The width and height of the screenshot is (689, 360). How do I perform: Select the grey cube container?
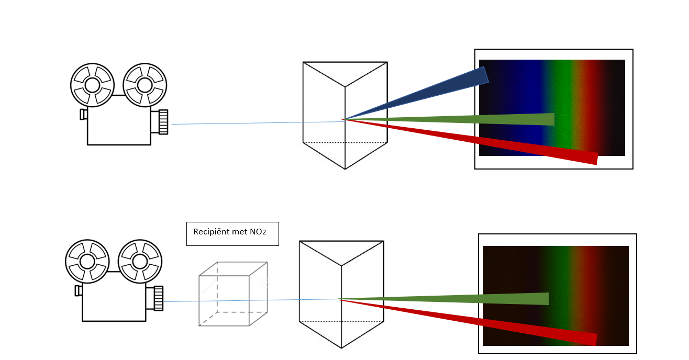(x=233, y=294)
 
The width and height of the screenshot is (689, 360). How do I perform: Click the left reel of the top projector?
(x=92, y=85)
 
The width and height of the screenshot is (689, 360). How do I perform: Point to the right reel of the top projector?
(x=145, y=85)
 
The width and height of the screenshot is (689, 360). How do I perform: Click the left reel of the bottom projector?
(x=87, y=261)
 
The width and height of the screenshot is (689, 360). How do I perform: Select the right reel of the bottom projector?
(x=140, y=261)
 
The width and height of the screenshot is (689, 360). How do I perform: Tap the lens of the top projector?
(x=163, y=122)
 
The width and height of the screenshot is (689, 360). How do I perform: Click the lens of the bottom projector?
(x=158, y=298)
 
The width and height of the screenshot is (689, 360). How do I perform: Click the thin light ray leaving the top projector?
(x=236, y=123)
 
